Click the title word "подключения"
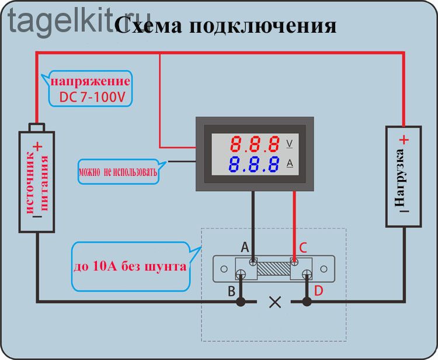[x=263, y=27]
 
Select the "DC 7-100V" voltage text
[x=92, y=97]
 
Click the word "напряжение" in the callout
[x=90, y=82]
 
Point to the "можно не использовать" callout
[x=118, y=172]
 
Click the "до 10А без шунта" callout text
[x=130, y=266]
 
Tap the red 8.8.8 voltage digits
[x=255, y=144]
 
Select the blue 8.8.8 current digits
[x=254, y=164]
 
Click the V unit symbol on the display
[x=290, y=144]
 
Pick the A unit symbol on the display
[x=290, y=163]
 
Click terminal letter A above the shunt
[x=245, y=247]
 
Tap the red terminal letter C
[x=303, y=248]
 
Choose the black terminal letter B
[x=232, y=291]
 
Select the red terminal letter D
[x=318, y=291]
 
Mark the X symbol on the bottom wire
[x=275, y=302]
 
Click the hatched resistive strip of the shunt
[x=274, y=268]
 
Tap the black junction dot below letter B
[x=241, y=302]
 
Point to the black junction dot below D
[x=307, y=302]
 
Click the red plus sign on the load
[x=404, y=140]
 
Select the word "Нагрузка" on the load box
[x=399, y=178]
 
